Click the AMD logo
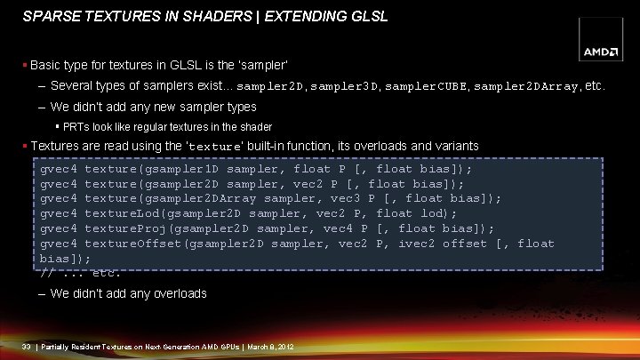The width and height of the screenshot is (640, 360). tap(601, 52)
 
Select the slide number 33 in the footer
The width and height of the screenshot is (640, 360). tap(27, 346)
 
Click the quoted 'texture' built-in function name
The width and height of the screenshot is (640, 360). tap(212, 146)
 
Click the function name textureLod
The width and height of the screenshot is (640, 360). tap(117, 213)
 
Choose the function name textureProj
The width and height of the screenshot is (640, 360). tap(121, 228)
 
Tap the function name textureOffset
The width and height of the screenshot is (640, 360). tap(129, 244)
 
